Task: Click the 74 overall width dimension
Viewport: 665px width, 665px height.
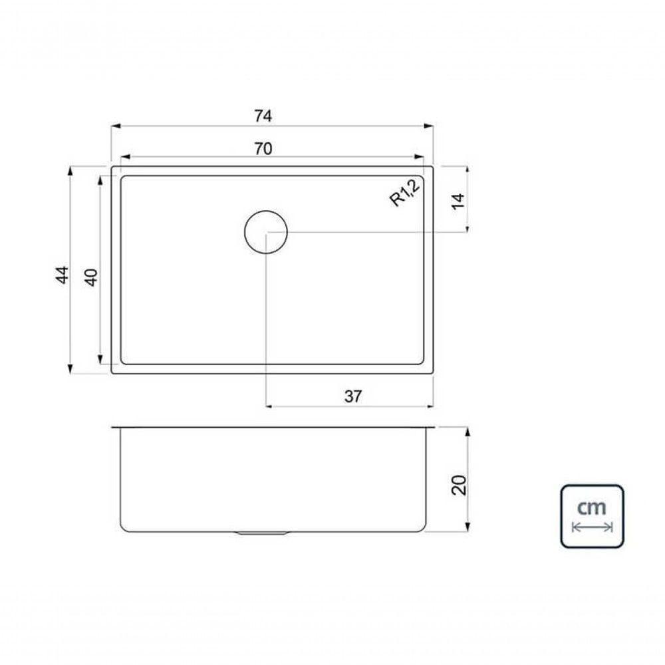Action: tap(263, 116)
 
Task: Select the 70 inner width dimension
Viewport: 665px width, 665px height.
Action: tap(263, 149)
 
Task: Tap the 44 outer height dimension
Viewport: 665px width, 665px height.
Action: tap(61, 274)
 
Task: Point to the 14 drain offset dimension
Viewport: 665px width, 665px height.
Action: tap(458, 199)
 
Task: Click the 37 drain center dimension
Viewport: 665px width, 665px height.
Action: tap(353, 396)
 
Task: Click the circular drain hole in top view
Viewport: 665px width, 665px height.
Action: tap(266, 231)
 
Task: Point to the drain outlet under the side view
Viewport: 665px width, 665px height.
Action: tap(263, 533)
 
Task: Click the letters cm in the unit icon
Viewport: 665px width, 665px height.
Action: tap(591, 507)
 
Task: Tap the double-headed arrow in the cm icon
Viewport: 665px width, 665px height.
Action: tap(592, 527)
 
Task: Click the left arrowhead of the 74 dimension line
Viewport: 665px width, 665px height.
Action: tap(115, 126)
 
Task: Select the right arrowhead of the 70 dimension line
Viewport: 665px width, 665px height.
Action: tap(419, 158)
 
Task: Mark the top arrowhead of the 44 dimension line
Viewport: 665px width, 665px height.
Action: tap(70, 170)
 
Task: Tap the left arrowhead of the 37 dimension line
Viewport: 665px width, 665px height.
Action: tap(270, 405)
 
